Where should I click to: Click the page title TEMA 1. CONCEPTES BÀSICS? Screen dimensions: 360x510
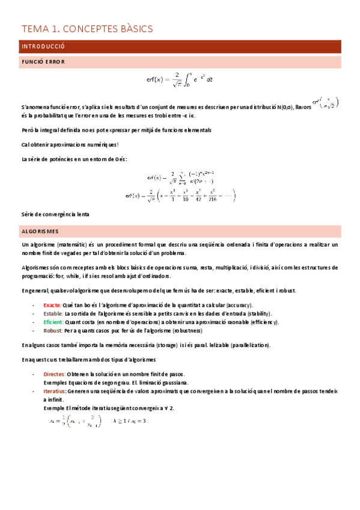pos(88,28)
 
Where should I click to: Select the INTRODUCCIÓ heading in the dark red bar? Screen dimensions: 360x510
pos(43,46)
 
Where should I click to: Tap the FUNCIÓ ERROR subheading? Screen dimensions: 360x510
pos(43,62)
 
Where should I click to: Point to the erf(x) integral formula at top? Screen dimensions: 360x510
pos(180,79)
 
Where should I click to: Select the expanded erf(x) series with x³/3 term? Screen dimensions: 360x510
pos(180,195)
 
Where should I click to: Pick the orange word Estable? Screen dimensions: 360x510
pos(53,313)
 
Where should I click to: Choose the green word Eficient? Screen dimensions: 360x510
pos(54,322)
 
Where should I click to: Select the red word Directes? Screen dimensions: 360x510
pos(55,374)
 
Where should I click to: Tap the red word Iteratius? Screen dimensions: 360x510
pos(56,391)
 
